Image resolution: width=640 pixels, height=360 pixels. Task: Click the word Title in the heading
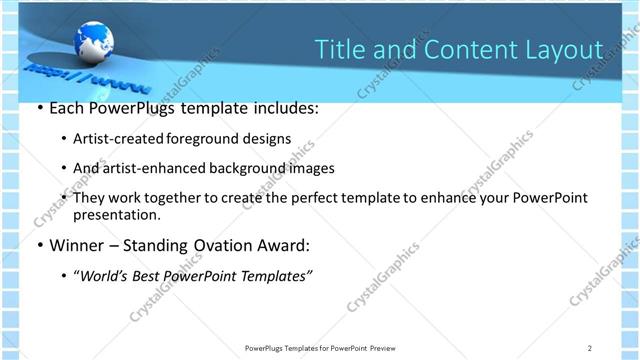(338, 49)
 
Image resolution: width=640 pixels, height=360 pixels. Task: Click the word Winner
(77, 245)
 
